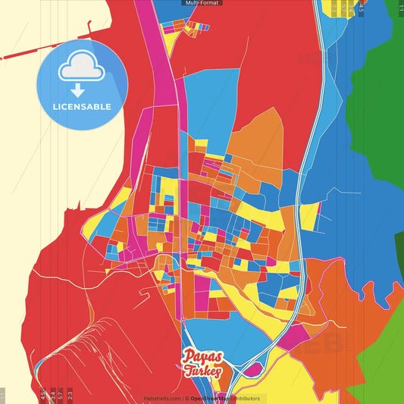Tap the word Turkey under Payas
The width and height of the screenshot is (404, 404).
202,371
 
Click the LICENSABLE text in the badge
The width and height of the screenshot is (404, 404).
83,107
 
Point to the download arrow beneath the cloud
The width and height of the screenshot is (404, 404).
83,90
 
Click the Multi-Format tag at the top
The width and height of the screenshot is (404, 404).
202,3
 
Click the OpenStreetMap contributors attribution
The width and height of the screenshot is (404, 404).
224,399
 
